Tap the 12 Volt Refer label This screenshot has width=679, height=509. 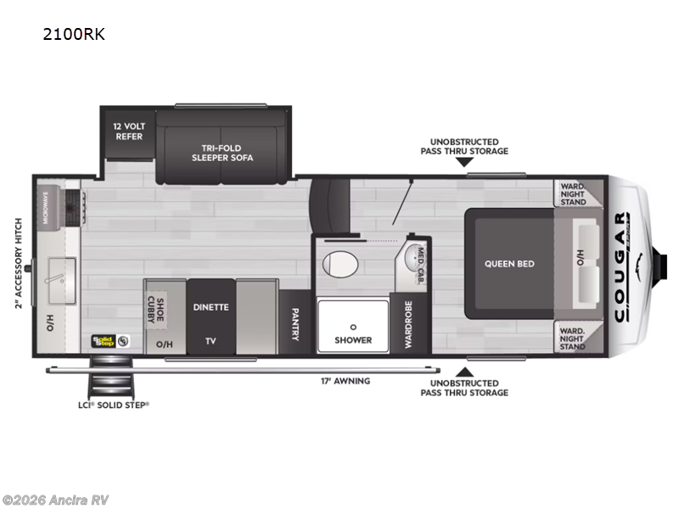tap(128, 131)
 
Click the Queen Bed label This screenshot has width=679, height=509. tap(509, 264)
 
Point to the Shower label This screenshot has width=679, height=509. tap(353, 340)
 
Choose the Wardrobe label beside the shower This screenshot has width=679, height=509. tap(407, 323)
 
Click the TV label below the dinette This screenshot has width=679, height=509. tap(210, 341)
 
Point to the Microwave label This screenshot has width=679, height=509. tap(43, 207)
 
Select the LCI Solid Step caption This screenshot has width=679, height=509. tap(112, 405)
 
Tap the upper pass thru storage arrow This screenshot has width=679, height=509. tap(464, 162)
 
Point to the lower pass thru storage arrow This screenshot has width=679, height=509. tap(464, 371)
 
